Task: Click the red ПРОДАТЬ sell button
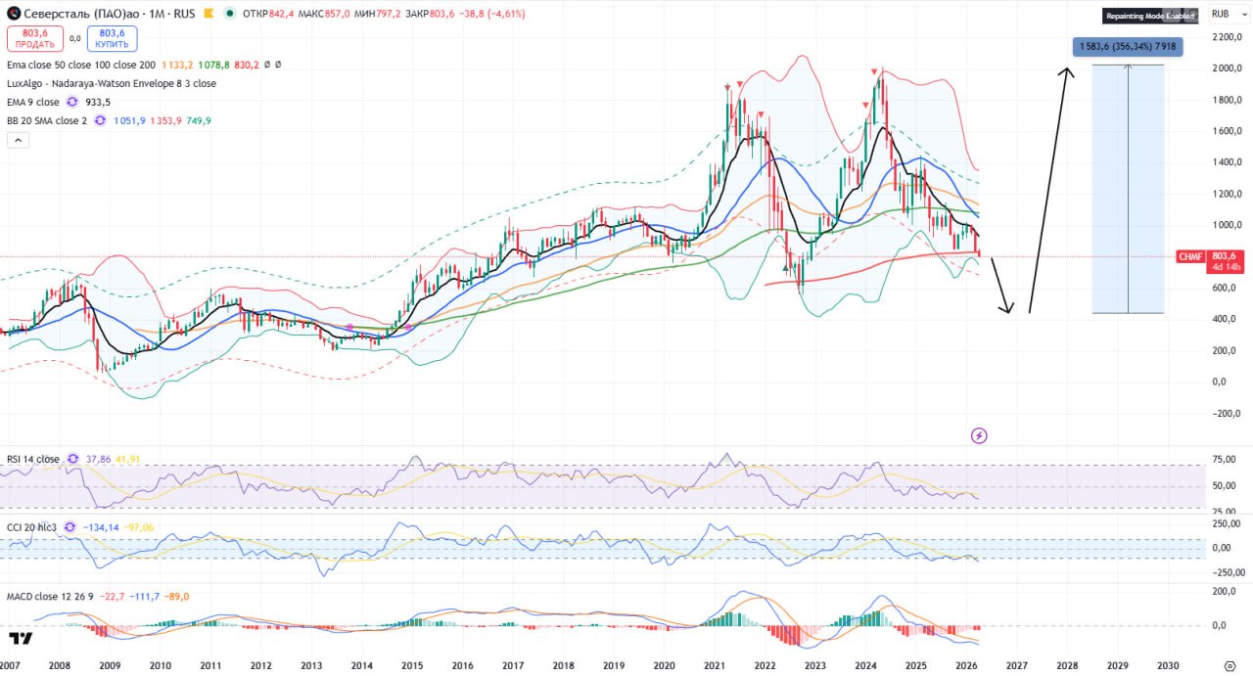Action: point(35,38)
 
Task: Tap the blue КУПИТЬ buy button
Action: point(112,38)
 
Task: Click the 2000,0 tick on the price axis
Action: point(1226,68)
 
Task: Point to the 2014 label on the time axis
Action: point(361,665)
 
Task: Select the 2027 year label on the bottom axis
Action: point(1016,665)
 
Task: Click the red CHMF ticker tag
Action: point(1190,256)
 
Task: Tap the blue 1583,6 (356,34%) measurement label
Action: point(1127,46)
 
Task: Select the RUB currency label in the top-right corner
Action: point(1220,14)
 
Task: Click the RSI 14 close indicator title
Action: point(33,459)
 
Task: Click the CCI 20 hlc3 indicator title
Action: point(33,527)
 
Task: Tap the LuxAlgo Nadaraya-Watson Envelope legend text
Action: point(112,83)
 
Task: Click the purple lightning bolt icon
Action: point(978,435)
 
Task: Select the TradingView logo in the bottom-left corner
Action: point(21,639)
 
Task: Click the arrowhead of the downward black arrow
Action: point(1008,311)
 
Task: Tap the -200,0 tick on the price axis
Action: point(1224,413)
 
